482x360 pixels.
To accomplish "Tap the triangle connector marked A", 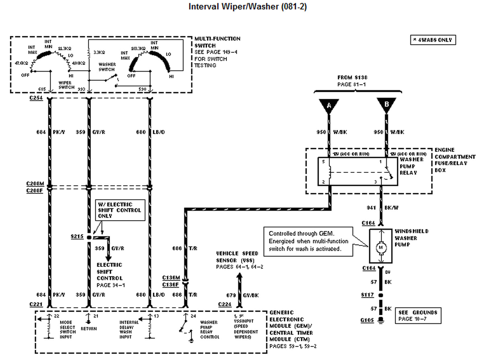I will (329, 106).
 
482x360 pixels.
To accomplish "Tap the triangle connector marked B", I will (387, 106).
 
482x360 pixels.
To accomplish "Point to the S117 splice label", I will (368, 295).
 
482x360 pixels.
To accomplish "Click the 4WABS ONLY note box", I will (433, 40).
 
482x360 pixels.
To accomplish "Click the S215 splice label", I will (76, 237).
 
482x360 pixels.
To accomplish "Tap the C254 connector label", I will (36, 98).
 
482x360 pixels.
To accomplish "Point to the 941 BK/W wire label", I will (385, 208).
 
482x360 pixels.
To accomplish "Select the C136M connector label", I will (171, 278).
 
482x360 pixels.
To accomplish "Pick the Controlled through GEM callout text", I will (307, 241).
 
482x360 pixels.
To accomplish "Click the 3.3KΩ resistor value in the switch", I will (99, 53).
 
